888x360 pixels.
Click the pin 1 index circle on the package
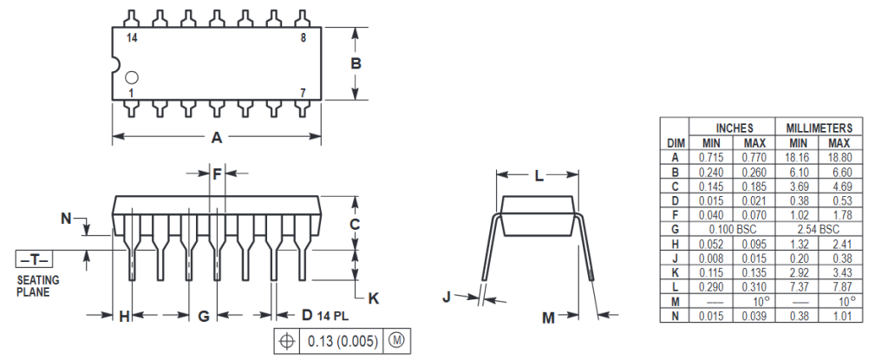coord(132,77)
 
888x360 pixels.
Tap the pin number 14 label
coord(132,38)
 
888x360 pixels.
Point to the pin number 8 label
coord(303,38)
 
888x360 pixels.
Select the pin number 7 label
coord(303,93)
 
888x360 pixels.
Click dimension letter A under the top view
coord(216,137)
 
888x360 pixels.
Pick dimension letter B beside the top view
coord(356,63)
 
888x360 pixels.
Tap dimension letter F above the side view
coord(218,174)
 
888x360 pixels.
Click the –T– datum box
coord(34,259)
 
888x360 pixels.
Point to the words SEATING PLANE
coord(38,286)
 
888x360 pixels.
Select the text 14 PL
coord(333,315)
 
